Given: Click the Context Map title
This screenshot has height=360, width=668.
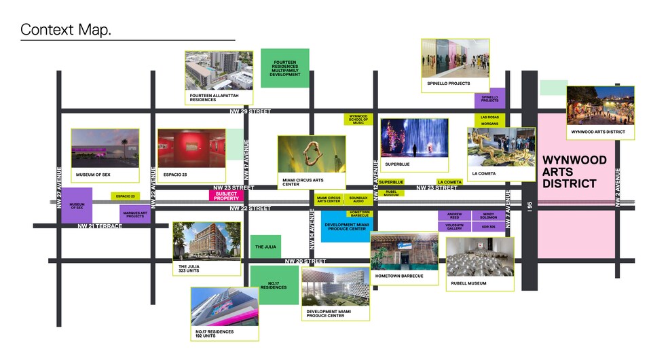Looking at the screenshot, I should coord(66,30).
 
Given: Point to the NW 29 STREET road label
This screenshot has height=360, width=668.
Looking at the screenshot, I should coord(250,111).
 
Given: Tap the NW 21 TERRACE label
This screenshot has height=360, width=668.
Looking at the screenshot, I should coord(100,226).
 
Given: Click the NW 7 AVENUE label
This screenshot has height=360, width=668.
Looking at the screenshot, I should coord(507,203).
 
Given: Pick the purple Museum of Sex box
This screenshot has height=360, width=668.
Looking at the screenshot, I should coord(77,205).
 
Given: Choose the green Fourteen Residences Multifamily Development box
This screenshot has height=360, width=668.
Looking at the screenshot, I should coord(285,68).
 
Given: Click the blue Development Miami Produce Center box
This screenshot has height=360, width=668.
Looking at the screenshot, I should coord(346,227).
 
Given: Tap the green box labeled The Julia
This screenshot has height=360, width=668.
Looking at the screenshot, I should coord(265,247).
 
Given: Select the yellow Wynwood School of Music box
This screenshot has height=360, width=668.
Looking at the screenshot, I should coord(358,119).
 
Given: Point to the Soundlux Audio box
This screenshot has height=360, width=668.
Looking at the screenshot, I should coord(358,199).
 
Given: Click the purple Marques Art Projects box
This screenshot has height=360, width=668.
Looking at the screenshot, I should coord(135,215).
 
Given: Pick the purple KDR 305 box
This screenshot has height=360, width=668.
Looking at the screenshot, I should coord(489,227).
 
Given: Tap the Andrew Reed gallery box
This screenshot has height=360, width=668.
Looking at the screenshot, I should coord(454,215).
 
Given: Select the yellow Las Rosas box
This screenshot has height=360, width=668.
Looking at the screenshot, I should coord(489,118).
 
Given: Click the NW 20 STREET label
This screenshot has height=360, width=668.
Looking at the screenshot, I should coord(305,261).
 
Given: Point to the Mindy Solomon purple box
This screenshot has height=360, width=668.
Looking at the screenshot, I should coord(489,215).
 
